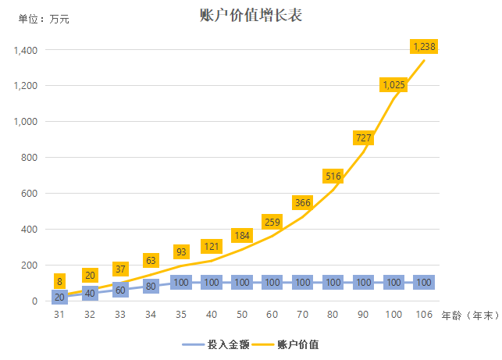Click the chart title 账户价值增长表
(x=251, y=14)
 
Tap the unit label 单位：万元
(x=44, y=20)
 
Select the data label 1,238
(x=424, y=47)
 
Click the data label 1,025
(x=393, y=84)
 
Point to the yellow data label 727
(x=364, y=138)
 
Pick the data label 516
(x=333, y=176)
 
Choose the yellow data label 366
(x=303, y=203)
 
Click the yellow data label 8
(x=59, y=281)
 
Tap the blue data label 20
(x=59, y=297)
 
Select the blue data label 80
(x=151, y=286)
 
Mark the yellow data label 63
(x=151, y=260)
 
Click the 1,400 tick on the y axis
(x=26, y=50)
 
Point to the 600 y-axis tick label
(x=29, y=194)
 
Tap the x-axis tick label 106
(x=424, y=315)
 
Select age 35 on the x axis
(x=181, y=315)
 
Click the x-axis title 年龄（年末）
(x=470, y=315)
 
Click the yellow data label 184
(x=242, y=236)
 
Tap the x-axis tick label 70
(x=303, y=315)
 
